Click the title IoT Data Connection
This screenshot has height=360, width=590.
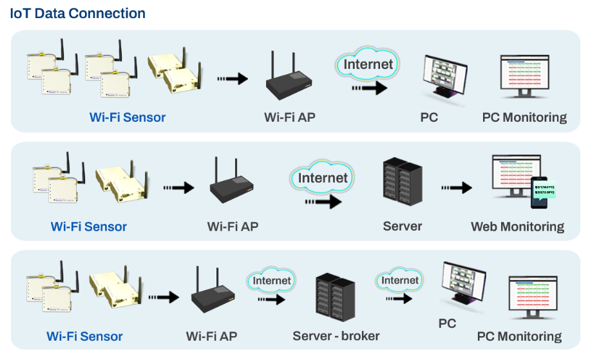click(78, 14)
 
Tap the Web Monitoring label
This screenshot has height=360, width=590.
click(517, 227)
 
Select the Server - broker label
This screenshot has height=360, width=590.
click(336, 336)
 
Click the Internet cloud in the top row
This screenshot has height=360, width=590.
click(368, 65)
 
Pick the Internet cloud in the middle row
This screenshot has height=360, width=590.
click(323, 178)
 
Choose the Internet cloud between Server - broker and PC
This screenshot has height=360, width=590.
click(400, 281)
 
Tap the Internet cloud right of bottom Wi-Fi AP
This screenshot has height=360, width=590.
click(271, 281)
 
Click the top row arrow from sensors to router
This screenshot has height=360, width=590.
click(232, 79)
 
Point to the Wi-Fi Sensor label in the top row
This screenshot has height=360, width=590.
click(128, 117)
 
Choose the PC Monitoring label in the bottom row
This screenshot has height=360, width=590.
click(519, 336)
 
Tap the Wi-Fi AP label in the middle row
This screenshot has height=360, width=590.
click(233, 227)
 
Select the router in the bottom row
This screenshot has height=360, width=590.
click(213, 296)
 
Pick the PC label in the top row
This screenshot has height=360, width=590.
click(429, 117)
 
